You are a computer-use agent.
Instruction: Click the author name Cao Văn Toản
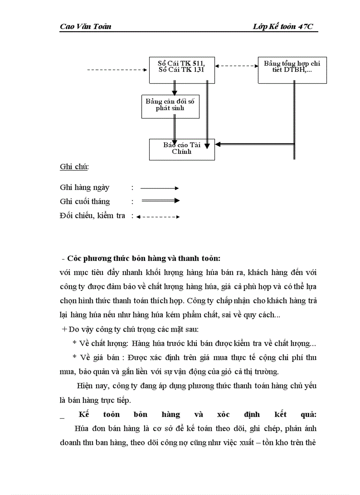point(86,26)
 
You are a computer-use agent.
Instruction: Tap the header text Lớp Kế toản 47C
point(283,26)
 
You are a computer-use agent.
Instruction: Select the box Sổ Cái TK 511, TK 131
point(182,70)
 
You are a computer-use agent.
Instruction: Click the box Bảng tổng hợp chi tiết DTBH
point(292,70)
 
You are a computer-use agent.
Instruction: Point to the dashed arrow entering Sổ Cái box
point(117,70)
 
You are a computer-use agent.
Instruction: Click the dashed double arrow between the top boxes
point(236,66)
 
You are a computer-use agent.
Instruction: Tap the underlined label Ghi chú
point(74,167)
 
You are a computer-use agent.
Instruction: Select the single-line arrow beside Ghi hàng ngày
point(159,188)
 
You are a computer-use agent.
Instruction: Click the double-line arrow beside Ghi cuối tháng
point(160,201)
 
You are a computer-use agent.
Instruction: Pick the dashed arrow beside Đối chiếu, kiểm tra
point(158,216)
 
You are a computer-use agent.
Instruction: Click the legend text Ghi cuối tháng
point(85,201)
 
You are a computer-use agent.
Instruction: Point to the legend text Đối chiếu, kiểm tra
point(93,216)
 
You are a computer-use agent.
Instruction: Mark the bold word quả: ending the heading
point(307,414)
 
